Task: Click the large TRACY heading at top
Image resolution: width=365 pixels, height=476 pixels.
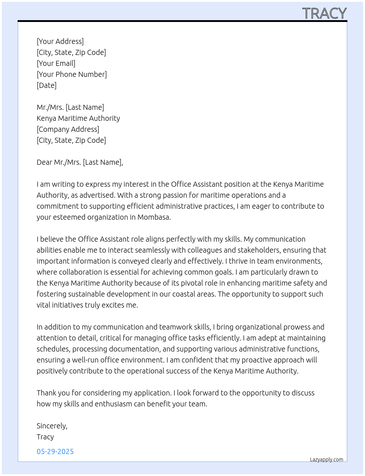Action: click(x=324, y=14)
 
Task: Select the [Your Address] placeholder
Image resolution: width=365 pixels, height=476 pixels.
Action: click(x=60, y=41)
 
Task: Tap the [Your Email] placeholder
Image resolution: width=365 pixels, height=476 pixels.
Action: click(x=56, y=63)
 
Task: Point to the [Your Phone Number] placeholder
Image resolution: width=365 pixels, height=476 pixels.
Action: click(x=72, y=74)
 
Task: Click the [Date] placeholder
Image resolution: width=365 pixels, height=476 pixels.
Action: click(x=47, y=85)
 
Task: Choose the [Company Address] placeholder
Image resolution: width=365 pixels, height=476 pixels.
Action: click(x=68, y=129)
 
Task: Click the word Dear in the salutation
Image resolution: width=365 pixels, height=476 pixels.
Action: click(x=44, y=162)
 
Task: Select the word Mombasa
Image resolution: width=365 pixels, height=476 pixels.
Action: click(x=154, y=217)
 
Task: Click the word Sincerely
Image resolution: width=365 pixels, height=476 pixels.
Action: click(x=52, y=426)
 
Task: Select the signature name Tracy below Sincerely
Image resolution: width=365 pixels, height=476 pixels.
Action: click(x=45, y=437)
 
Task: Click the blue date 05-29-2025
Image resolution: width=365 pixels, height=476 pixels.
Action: click(x=55, y=451)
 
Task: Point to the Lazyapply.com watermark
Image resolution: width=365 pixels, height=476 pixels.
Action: click(x=327, y=460)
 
